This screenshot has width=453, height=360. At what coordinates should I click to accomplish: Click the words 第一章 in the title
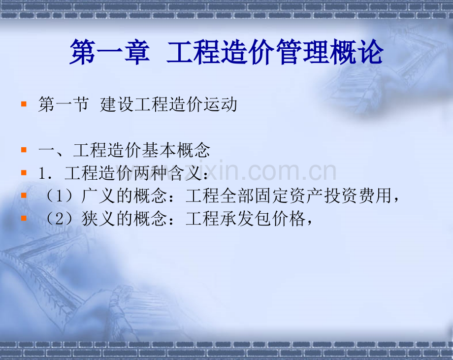coord(109,53)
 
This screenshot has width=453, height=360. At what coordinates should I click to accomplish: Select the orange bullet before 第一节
coord(24,105)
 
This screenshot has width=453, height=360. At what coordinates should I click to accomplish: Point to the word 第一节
coord(64,105)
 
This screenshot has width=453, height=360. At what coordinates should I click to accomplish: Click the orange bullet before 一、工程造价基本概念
coord(24,150)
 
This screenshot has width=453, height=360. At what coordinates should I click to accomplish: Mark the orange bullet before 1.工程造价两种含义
coord(24,173)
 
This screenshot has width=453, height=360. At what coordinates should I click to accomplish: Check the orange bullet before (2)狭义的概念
coord(24,219)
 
